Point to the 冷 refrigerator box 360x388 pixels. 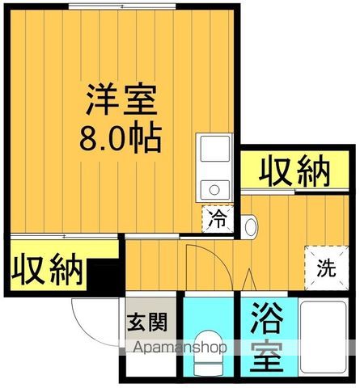coord(216,218)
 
